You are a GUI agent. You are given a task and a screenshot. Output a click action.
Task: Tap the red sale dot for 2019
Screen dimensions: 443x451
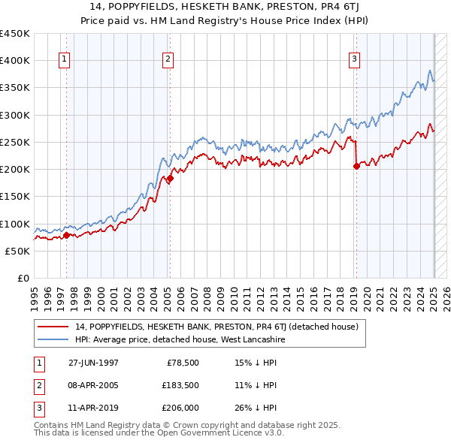pyautogui.click(x=356, y=167)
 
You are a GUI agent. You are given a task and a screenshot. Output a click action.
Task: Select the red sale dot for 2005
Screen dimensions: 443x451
pyautogui.click(x=170, y=179)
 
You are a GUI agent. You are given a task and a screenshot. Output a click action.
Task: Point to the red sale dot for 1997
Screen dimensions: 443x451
pyautogui.click(x=66, y=236)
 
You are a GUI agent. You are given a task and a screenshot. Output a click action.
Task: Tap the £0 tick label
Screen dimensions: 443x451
pyautogui.click(x=23, y=278)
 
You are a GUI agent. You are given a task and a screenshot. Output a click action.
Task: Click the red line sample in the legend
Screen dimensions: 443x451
pyautogui.click(x=53, y=327)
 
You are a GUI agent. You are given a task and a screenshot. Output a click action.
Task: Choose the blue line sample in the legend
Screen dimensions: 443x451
pyautogui.click(x=53, y=339)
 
